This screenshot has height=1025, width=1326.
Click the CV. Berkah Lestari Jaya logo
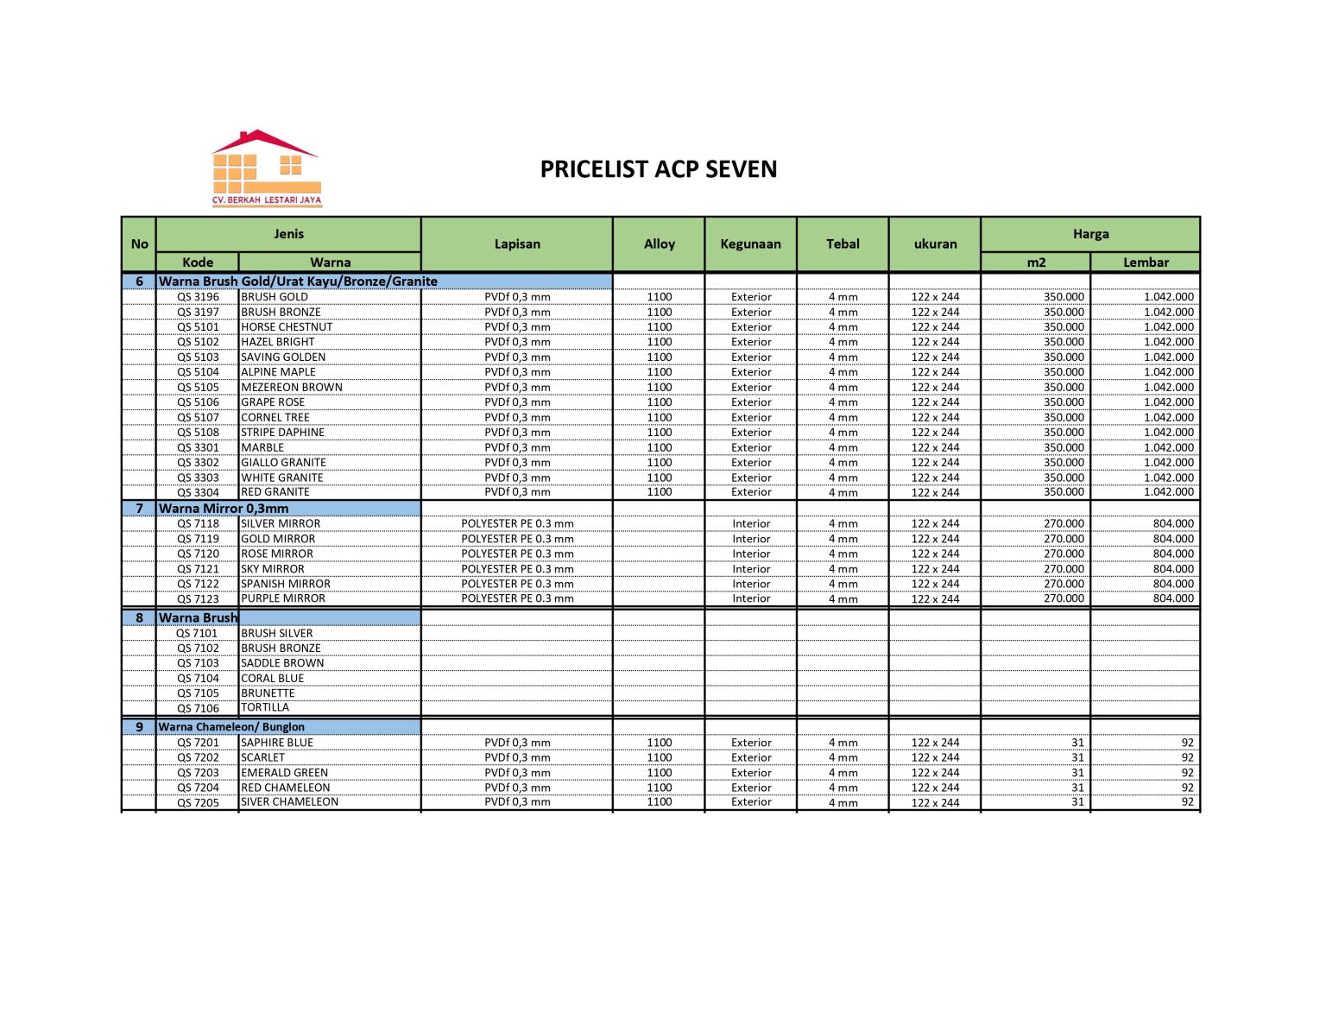coord(266,168)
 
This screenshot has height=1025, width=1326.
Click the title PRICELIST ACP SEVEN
coord(658,169)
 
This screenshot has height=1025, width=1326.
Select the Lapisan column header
coord(517,244)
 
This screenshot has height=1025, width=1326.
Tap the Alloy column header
coord(659,244)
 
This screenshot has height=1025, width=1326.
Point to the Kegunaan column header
coord(750,244)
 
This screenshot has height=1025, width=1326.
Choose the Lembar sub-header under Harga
coord(1145,263)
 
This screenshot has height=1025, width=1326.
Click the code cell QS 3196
coord(198,297)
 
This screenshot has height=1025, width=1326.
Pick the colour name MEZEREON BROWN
coord(292,388)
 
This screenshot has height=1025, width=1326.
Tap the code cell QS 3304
coord(198,493)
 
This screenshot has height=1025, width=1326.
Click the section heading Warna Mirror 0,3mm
coord(224,509)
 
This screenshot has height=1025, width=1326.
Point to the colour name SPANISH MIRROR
coord(286,584)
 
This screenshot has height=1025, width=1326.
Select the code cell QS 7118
coord(198,524)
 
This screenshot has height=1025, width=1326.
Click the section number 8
coord(139,618)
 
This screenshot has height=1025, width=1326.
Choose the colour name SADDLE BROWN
coord(282,663)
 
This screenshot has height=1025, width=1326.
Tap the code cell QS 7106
coord(198,709)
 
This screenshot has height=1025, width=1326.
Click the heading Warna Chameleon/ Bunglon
coord(231,727)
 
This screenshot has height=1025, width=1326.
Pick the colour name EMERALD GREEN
coord(284,773)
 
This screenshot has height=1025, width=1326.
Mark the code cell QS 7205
coord(198,803)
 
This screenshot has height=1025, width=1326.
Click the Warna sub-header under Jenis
coord(330,263)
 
